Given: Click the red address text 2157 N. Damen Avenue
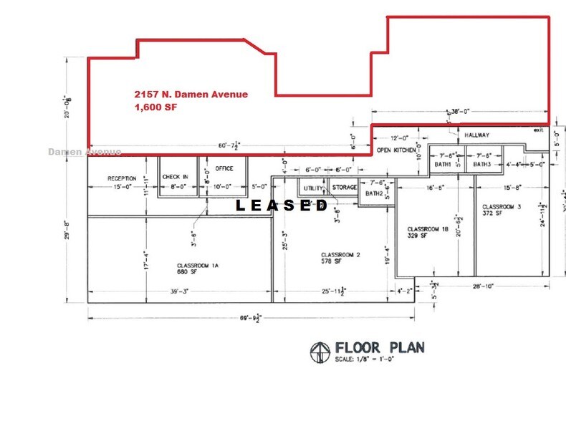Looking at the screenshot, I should click(x=191, y=95).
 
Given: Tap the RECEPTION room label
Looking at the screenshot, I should click(x=122, y=178).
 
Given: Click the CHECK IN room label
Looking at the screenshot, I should click(x=175, y=176).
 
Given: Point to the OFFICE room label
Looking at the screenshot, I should click(x=225, y=169).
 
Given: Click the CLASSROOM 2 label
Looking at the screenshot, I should click(x=340, y=255).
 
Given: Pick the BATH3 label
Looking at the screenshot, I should click(x=481, y=165).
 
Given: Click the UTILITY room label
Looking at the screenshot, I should click(x=314, y=188).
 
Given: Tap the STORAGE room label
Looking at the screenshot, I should click(x=344, y=188).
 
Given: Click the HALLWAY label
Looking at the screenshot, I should click(x=476, y=135).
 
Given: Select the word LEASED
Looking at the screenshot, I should click(x=282, y=206).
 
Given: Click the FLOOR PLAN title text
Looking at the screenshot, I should click(x=379, y=348).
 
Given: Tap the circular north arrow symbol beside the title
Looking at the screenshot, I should click(x=320, y=351).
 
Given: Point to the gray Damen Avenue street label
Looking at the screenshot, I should click(x=85, y=152).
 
